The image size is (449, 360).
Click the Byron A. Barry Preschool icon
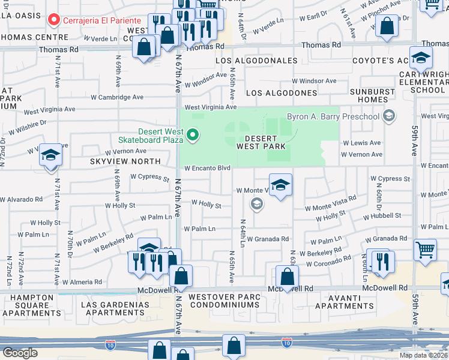coord(390,116)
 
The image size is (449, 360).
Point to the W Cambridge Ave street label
coord(117,97)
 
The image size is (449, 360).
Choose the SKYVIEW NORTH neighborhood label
coord(125,161)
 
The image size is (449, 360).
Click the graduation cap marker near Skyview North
coord(51,156)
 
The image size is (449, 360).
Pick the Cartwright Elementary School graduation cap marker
coord(421,58)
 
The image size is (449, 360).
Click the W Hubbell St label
coord(378,215)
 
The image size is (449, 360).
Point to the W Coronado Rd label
coord(328,260)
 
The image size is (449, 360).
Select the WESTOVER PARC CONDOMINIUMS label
coord(224,301)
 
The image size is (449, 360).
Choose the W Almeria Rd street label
coord(78,281)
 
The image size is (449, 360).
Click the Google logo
coord(20,353)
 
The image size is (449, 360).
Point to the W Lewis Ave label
coord(361,143)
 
